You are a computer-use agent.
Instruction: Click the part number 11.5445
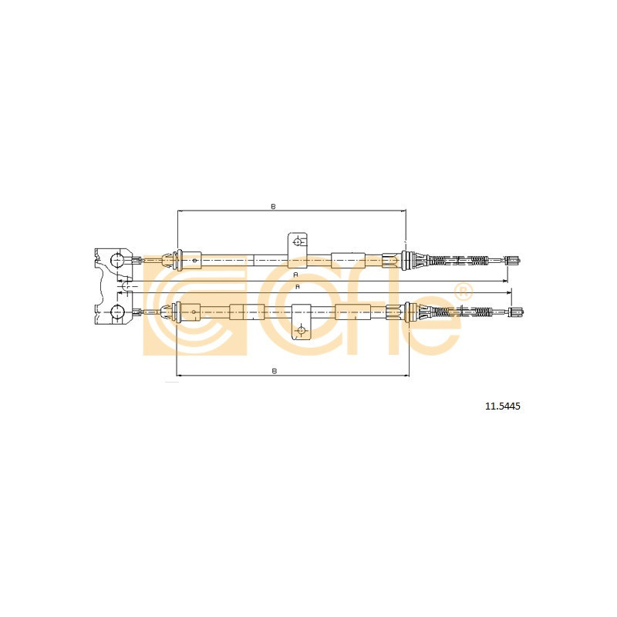(503, 406)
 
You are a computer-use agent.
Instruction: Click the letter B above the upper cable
(274, 206)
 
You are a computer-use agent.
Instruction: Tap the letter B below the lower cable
(275, 371)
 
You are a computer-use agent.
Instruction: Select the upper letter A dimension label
(296, 275)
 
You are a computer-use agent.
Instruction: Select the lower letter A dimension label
(298, 287)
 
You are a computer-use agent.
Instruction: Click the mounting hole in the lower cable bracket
(302, 331)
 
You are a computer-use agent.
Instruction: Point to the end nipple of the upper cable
(514, 260)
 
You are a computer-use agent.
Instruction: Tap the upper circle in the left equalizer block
(117, 260)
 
